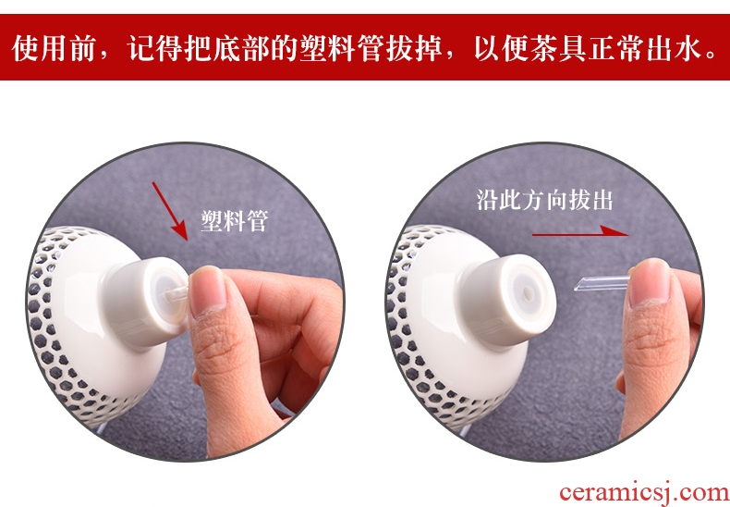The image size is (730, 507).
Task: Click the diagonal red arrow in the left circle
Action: pos(170,211)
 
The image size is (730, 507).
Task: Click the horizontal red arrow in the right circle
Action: pos(580,231)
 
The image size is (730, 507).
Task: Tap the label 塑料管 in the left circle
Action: pos(235,220)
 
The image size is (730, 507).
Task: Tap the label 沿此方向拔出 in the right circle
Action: pos(544,200)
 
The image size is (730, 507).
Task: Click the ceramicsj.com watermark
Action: pos(644,492)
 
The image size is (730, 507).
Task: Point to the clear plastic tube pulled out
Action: pos(602,283)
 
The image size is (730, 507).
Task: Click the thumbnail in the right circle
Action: pos(649,282)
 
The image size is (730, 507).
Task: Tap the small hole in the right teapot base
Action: pos(528,292)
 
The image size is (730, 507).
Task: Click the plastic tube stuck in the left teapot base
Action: pos(176,294)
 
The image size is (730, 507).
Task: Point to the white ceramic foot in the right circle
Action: pos(507,299)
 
